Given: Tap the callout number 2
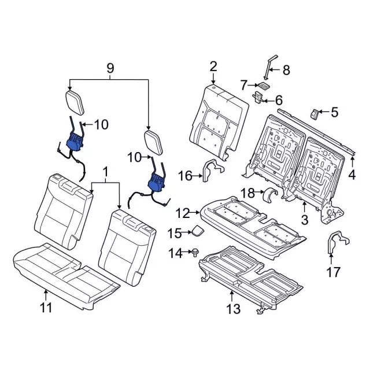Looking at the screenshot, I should pyautogui.click(x=213, y=67).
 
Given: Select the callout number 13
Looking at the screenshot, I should pyautogui.click(x=232, y=309).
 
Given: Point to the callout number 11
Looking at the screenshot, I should pyautogui.click(x=45, y=306).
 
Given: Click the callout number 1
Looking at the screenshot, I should pyautogui.click(x=105, y=172).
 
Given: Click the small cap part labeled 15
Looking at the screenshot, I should pyautogui.click(x=197, y=231).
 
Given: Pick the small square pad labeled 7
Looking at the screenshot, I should pyautogui.click(x=263, y=84).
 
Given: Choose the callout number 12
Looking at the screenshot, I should pyautogui.click(x=183, y=214).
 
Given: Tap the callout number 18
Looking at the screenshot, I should pyautogui.click(x=247, y=192).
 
